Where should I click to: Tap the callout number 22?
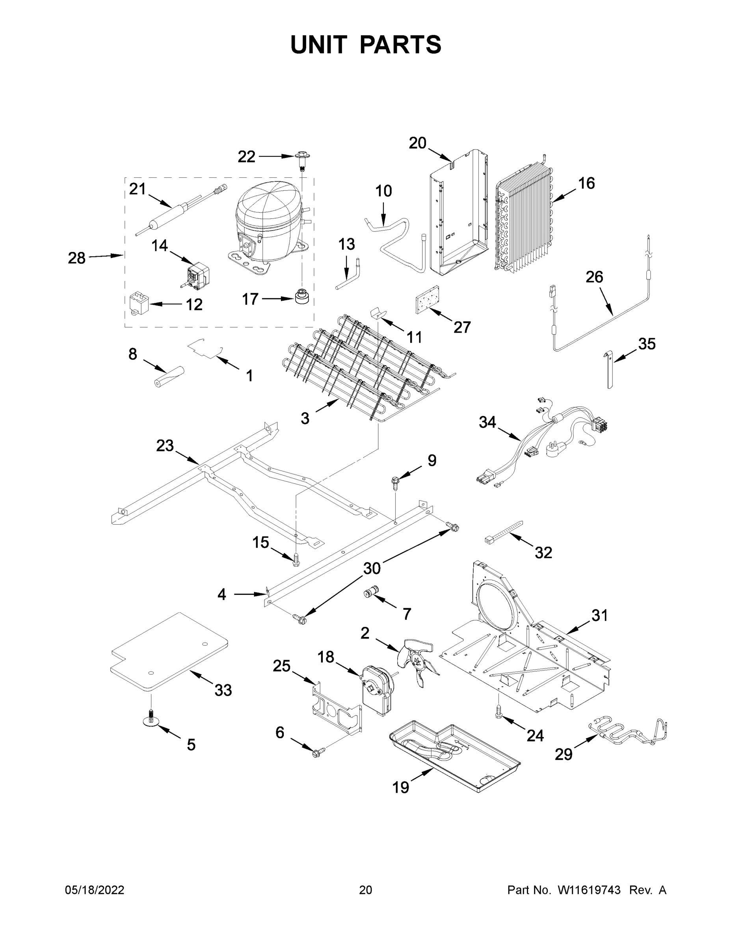[246, 156]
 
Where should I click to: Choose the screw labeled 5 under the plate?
[151, 719]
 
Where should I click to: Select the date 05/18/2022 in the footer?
[95, 890]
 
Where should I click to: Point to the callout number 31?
[599, 615]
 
